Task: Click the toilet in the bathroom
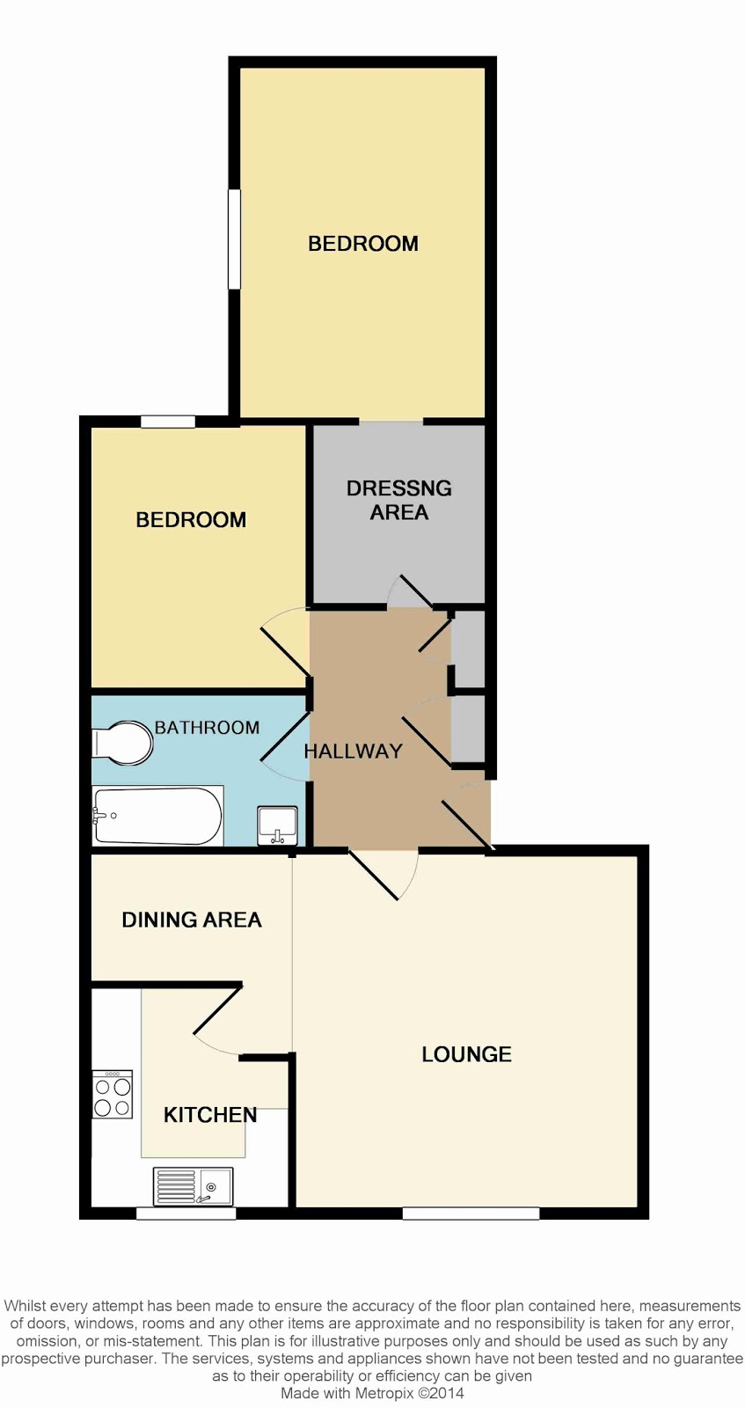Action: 122,743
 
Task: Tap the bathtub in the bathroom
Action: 157,815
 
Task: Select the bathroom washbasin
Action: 277,826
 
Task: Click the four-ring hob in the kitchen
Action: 113,1094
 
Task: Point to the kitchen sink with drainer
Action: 193,1186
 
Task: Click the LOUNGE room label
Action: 467,1054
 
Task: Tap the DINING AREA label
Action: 192,920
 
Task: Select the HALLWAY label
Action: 353,751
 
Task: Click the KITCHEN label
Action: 210,1114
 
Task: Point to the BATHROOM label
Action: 208,727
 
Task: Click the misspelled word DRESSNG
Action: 398,488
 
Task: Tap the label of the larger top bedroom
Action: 363,243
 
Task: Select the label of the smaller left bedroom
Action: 191,520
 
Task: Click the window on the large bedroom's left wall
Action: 234,239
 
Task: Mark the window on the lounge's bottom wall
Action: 471,1214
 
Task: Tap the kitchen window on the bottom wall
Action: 186,1214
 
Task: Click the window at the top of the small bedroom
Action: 168,422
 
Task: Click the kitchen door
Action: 216,1012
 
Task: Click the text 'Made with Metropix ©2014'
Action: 372,1393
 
